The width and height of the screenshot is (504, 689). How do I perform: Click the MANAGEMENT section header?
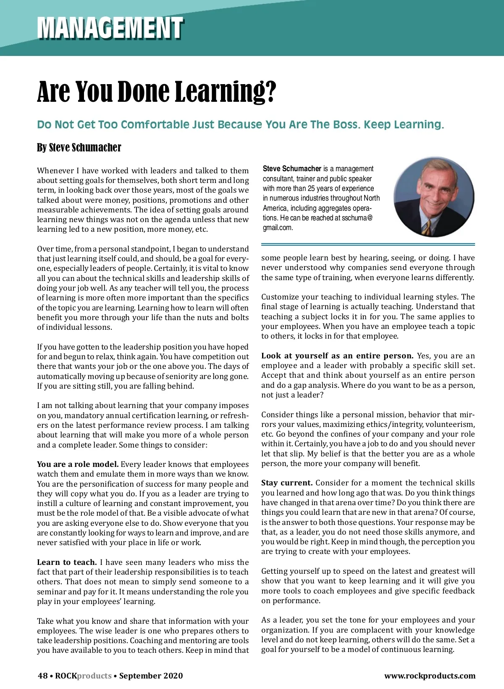point(110,28)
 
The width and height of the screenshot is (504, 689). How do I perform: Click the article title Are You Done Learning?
point(157,91)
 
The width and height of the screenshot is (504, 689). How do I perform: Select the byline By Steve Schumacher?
point(79,148)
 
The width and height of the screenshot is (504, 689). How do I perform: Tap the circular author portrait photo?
point(433,197)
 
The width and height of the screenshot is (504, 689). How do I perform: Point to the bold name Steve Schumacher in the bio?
point(292,169)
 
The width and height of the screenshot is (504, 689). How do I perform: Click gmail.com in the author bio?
point(278,228)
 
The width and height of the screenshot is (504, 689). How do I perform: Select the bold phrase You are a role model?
point(78,464)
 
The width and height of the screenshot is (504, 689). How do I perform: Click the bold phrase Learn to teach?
point(67,562)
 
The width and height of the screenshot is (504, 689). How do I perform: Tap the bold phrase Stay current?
point(287,482)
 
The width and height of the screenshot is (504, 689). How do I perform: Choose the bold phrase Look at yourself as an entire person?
point(337,355)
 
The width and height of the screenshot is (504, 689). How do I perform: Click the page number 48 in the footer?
point(42,676)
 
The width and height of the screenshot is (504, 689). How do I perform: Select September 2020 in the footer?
point(151,676)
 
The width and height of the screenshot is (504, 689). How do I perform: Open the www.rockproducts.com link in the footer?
point(430,676)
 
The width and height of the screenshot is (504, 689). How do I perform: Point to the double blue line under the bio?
point(368,244)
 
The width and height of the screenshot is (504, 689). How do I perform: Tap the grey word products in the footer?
point(94,676)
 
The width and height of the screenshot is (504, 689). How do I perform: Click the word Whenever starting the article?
point(55,170)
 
